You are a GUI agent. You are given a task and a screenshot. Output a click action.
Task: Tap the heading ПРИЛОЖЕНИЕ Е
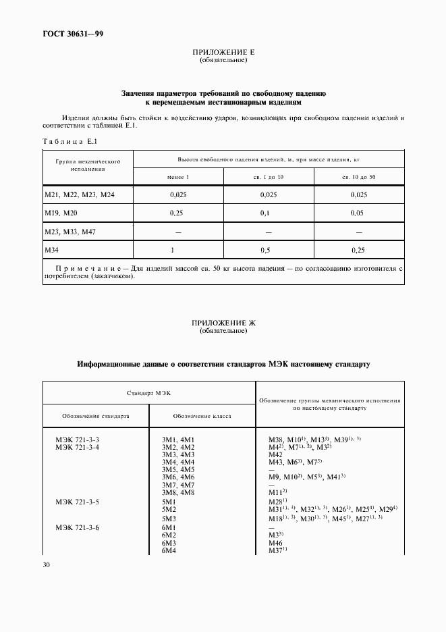(x=223, y=52)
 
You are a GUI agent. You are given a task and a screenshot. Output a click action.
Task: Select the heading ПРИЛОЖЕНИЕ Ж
(x=223, y=324)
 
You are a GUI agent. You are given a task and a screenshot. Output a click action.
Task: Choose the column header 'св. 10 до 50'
(x=359, y=177)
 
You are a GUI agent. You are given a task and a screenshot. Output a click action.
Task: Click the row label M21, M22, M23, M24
(x=80, y=195)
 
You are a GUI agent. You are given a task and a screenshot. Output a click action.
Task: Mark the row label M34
(x=53, y=250)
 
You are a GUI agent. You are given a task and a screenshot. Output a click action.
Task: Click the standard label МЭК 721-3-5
(x=77, y=502)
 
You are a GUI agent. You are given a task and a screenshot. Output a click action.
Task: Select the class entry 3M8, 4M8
(x=178, y=492)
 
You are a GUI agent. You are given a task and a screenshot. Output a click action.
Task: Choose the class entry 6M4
(x=169, y=551)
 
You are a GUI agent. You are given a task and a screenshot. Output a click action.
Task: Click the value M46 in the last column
(x=275, y=543)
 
